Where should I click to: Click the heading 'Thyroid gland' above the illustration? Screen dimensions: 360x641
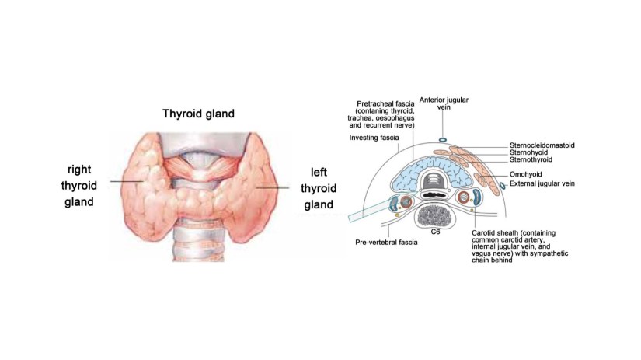coord(198,114)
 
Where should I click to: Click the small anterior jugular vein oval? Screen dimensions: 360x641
coord(443,140)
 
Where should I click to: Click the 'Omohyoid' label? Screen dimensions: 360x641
coord(526,175)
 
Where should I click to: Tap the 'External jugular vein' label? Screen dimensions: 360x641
coord(545,183)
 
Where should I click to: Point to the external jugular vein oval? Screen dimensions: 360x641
coord(502,185)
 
